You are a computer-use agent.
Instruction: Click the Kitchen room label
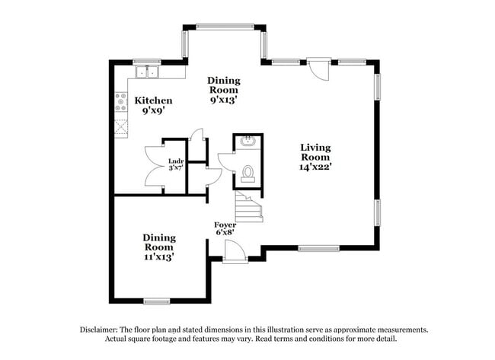[x=153, y=100]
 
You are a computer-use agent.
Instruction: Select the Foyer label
[x=225, y=225]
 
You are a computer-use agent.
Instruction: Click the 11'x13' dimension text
[x=158, y=257]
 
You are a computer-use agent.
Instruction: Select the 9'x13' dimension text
[x=224, y=98]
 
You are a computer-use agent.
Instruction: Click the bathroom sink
[x=248, y=142]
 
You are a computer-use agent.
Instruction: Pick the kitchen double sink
[x=146, y=72]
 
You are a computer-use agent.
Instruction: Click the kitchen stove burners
[x=120, y=101]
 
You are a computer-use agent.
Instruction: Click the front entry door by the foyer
[x=235, y=251]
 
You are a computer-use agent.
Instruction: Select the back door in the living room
[x=319, y=68]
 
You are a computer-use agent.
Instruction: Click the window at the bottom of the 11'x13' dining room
[x=157, y=301]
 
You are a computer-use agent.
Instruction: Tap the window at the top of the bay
[x=225, y=27]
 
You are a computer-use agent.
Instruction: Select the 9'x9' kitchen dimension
[x=153, y=111]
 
